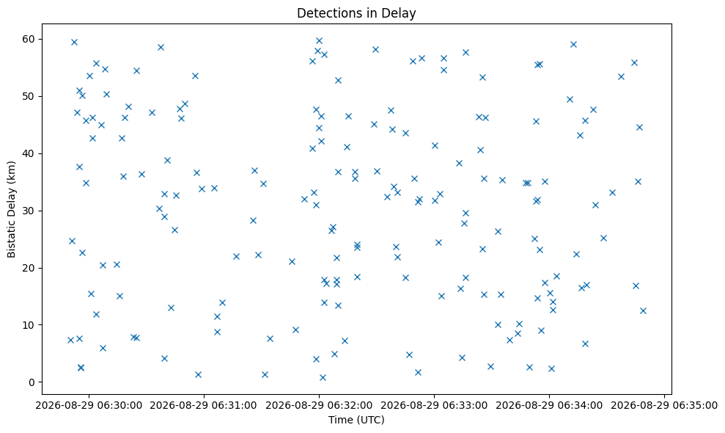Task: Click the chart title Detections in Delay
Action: [x=356, y=13]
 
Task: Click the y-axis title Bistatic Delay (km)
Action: [x=11, y=209]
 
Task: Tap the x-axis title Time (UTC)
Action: [x=356, y=420]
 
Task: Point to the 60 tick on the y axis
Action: [x=29, y=39]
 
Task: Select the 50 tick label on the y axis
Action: [x=29, y=96]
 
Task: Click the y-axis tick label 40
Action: [x=29, y=153]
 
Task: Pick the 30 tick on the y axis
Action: [x=29, y=211]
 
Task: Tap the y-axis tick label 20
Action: [x=29, y=268]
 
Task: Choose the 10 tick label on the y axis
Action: [x=29, y=325]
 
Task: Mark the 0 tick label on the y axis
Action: [x=32, y=382]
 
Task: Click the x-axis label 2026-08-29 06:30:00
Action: [x=89, y=406]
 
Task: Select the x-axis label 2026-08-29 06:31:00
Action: [x=204, y=406]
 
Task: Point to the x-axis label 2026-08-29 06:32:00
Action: [x=319, y=406]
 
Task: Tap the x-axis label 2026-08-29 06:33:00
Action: [x=434, y=406]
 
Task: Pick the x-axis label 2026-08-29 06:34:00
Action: [x=549, y=406]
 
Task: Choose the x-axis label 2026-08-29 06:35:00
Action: [x=664, y=406]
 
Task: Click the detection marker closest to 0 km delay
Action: [x=323, y=377]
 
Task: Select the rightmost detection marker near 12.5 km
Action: [x=643, y=310]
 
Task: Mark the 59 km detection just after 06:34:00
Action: [x=573, y=45]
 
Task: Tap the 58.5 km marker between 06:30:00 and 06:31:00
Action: [x=161, y=47]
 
